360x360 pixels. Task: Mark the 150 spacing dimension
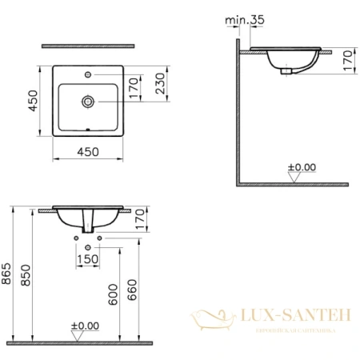tap(87, 258)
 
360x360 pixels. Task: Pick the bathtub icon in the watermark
tap(212, 322)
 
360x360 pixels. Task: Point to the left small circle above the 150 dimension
tap(76, 238)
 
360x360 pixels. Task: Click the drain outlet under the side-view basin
tap(286, 70)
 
